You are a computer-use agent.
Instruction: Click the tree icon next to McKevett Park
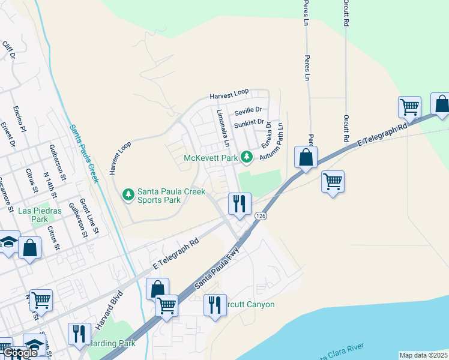coord(246,157)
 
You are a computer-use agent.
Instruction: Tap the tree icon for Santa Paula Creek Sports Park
coord(128,194)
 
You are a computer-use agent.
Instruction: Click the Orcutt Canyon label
coord(249,305)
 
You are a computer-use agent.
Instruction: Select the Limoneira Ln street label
coord(222,128)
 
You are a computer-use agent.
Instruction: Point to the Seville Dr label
coord(249,110)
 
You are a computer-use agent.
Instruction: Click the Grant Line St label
coord(89,217)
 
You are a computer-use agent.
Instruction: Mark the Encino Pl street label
coord(19,119)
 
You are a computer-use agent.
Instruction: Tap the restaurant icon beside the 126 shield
coord(240,203)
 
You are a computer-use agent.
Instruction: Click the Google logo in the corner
coord(19,353)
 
